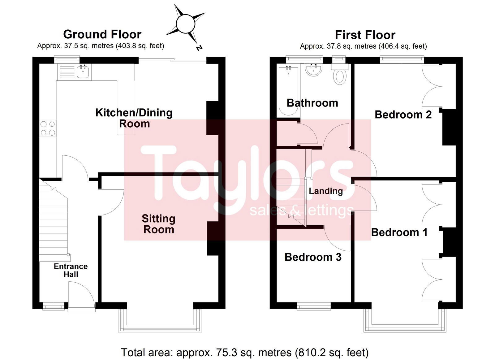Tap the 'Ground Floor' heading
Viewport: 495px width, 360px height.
click(x=102, y=34)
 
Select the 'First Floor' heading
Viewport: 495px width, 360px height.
click(x=365, y=35)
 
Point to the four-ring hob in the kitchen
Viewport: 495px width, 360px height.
click(x=48, y=128)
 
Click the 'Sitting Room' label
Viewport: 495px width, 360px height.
click(x=159, y=224)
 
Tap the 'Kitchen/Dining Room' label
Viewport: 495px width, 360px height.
click(x=134, y=118)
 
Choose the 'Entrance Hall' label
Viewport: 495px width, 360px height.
click(x=71, y=270)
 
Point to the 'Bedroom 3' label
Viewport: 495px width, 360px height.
click(x=313, y=257)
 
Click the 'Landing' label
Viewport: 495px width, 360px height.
click(x=326, y=191)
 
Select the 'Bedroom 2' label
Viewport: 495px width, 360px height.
click(x=403, y=115)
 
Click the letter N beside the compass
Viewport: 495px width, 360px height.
click(x=200, y=48)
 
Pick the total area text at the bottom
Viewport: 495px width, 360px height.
click(x=245, y=353)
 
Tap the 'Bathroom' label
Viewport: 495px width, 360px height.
click(x=312, y=103)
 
